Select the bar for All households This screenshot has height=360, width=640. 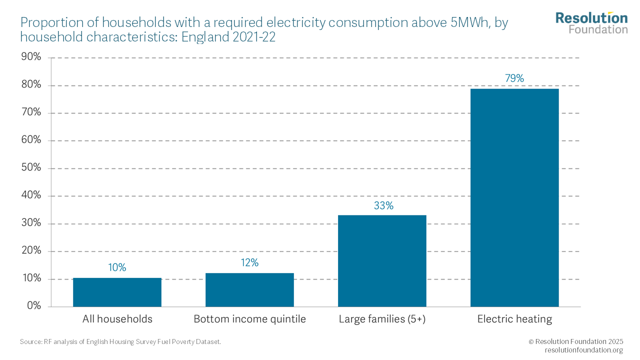117,292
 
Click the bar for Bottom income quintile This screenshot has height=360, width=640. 249,290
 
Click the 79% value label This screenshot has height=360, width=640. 514,78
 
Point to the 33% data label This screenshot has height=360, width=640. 383,205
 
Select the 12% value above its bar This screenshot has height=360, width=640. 249,263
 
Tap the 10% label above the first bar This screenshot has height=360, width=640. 117,267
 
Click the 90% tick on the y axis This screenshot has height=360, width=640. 31,57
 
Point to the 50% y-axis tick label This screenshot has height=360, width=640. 31,168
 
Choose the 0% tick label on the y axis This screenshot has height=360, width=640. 33,306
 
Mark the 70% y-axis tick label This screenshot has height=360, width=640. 31,112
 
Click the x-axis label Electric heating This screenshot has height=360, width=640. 514,319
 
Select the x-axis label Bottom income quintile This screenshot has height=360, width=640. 249,319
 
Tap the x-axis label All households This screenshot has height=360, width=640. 117,319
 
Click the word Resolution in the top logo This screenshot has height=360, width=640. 591,18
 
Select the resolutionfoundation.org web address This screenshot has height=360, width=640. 583,350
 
